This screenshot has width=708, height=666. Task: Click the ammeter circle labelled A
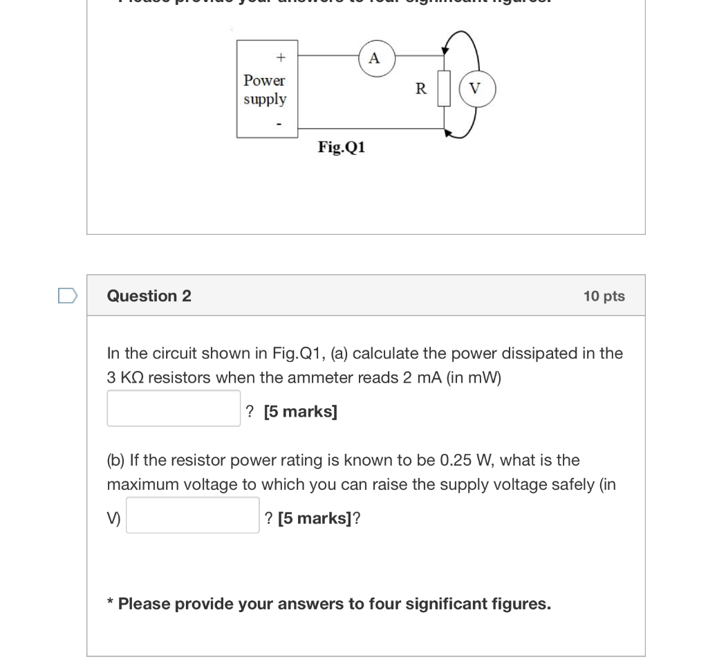(x=374, y=58)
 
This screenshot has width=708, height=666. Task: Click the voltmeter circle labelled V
(x=475, y=89)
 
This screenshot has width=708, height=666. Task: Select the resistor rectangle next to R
(x=444, y=88)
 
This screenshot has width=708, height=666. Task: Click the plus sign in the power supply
(x=280, y=56)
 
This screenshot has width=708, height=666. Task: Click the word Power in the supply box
(x=264, y=81)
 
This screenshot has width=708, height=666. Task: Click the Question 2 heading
(x=149, y=296)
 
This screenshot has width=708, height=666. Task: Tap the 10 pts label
(x=604, y=296)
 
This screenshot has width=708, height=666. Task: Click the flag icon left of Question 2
(x=67, y=296)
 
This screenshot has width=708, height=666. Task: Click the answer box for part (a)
(x=174, y=408)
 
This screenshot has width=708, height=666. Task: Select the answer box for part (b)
(x=192, y=515)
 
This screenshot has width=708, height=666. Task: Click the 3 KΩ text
(x=124, y=378)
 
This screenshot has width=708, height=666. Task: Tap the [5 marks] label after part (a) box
(x=301, y=412)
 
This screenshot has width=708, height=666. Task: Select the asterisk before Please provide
(x=111, y=603)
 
